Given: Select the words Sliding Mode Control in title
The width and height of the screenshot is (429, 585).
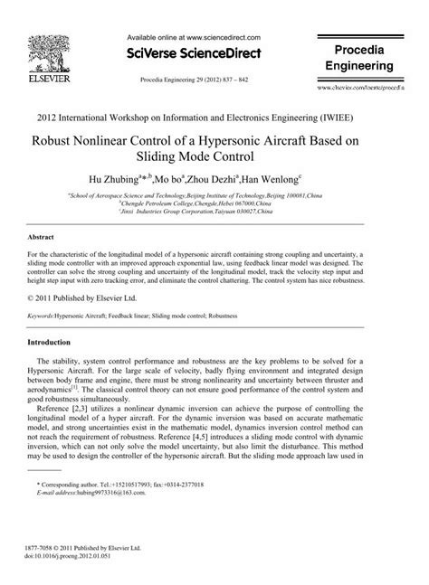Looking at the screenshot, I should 214,157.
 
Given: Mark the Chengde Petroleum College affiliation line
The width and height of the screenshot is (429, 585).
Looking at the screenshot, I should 214,203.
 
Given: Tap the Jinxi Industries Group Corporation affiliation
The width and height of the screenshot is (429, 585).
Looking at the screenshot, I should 214,212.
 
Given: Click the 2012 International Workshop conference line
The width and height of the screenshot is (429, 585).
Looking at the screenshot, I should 214,118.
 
